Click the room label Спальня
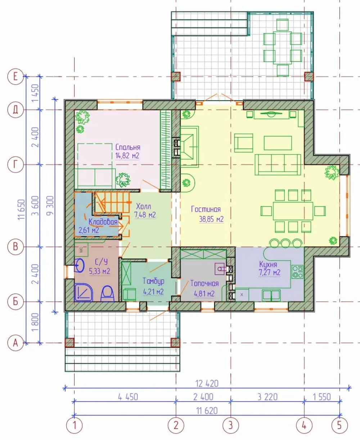[128, 147]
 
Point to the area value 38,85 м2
[211, 219]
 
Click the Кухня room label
[268, 264]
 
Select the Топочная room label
[204, 283]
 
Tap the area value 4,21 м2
[153, 292]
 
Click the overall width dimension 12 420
[207, 383]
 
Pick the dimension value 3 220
[267, 397]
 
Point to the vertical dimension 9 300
[50, 205]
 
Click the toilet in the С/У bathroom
[107, 294]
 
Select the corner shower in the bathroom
[84, 292]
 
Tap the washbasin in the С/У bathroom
[79, 265]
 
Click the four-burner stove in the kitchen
[297, 272]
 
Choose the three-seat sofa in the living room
[278, 165]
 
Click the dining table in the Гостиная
[293, 211]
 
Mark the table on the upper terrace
[283, 47]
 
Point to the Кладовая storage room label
[103, 222]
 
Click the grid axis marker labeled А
[15, 343]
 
